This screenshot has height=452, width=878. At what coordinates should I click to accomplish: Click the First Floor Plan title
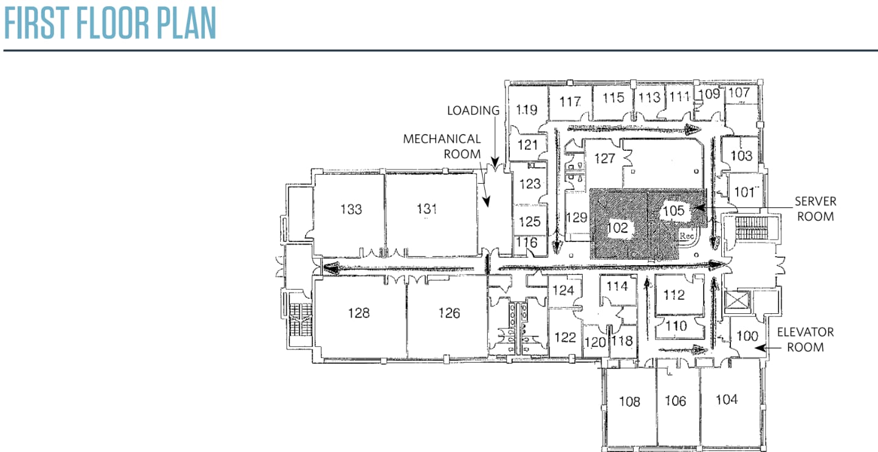point(110,23)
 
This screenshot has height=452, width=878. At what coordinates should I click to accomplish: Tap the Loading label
point(473,111)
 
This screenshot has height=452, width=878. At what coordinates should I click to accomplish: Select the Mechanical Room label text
point(442,147)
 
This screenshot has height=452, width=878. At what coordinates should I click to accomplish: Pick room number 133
point(351,209)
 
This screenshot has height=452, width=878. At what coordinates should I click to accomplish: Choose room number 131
point(427,209)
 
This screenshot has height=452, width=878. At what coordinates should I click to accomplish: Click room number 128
point(358,313)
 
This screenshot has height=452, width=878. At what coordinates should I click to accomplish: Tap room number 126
point(449,313)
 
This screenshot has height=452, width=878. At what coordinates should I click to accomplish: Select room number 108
point(629,401)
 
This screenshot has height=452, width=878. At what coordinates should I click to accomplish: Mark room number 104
point(727,399)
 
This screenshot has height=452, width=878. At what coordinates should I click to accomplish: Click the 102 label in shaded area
point(617,229)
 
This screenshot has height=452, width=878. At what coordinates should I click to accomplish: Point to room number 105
point(673,210)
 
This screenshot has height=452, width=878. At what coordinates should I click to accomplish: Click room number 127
point(605,158)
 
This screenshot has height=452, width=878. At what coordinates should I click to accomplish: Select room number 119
point(526,110)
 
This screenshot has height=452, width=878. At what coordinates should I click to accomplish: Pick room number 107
point(739,93)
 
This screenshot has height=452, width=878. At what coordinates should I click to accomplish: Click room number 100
point(747,335)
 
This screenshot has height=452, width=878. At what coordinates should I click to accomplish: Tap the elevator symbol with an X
point(737,301)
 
